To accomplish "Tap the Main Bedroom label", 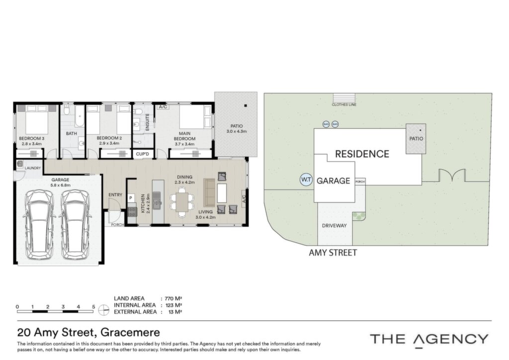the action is (184, 136).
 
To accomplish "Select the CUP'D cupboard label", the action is (142, 154).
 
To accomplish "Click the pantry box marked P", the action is (131, 198).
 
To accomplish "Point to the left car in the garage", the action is (39, 224).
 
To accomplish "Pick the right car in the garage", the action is (75, 224).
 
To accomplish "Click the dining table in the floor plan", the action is (182, 202).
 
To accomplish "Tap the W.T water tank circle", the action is (306, 180).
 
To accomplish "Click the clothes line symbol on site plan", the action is (344, 98).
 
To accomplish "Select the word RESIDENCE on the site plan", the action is (362, 154).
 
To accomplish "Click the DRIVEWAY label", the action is (335, 226).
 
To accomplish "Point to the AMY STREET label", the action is (333, 253).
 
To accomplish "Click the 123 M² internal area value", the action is (173, 305).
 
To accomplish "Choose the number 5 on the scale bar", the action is (93, 307).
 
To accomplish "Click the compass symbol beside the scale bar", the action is (103, 310).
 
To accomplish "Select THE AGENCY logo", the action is (429, 340).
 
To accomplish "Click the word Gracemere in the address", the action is (130, 333).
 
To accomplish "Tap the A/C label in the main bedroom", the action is (163, 107).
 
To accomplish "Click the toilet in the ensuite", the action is (138, 112).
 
